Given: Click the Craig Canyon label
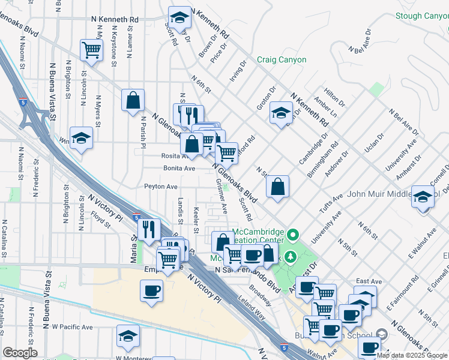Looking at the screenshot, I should click(x=282, y=60).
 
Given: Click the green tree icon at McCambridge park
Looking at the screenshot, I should click(x=291, y=257).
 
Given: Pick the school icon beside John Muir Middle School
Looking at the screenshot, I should click(x=423, y=197).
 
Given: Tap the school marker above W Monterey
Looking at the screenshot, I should click(x=128, y=337).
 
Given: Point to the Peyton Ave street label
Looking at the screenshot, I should click(x=161, y=187).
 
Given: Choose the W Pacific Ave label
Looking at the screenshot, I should click(x=72, y=327).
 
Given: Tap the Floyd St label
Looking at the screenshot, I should click(x=100, y=221).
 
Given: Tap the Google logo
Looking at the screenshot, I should click(x=20, y=353).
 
